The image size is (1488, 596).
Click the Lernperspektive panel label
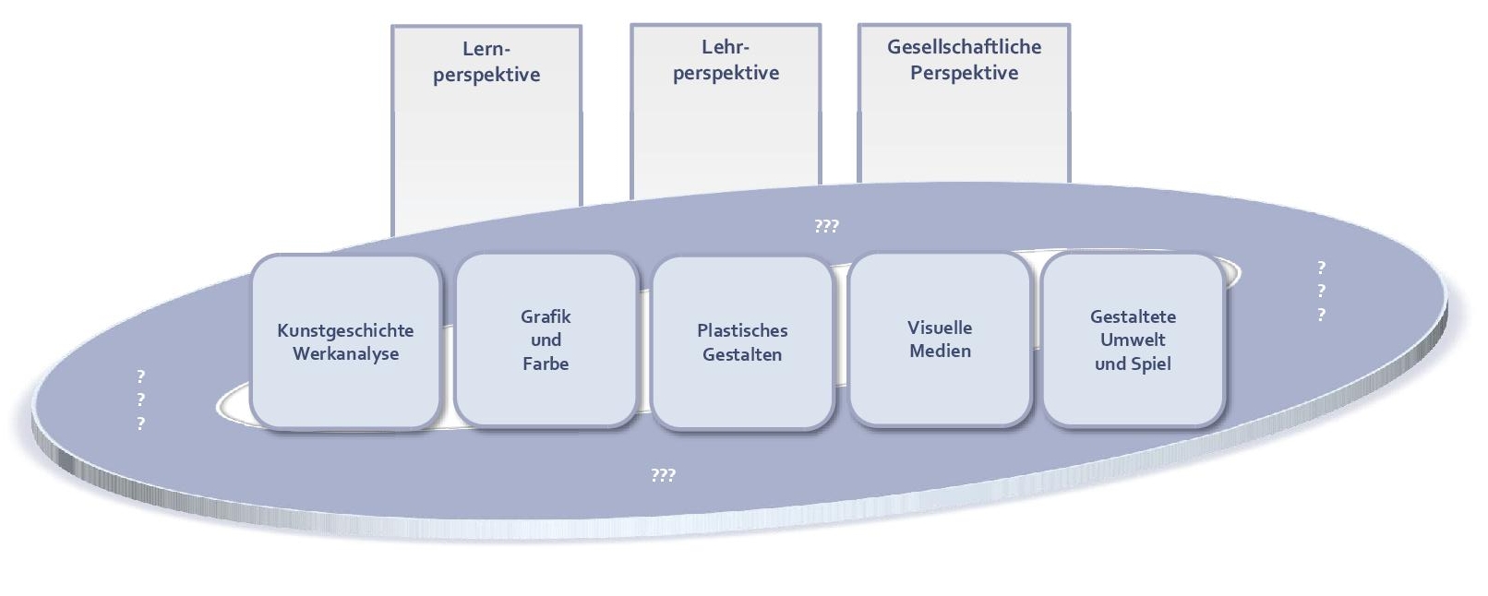(486, 62)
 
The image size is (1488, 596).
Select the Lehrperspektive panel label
(726, 60)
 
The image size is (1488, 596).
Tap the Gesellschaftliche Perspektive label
(964, 60)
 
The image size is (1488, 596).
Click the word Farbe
(546, 364)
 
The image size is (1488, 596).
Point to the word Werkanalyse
(345, 354)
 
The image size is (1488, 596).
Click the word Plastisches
(742, 330)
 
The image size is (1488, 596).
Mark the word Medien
(940, 352)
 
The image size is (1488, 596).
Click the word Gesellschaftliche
(964, 47)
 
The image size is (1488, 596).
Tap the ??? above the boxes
(826, 226)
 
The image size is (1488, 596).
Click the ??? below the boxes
(663, 475)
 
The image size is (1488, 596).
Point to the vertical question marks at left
(140, 400)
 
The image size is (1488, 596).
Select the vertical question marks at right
(1321, 292)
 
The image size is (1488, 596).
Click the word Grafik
(546, 316)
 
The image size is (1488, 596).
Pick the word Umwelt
(1133, 340)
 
